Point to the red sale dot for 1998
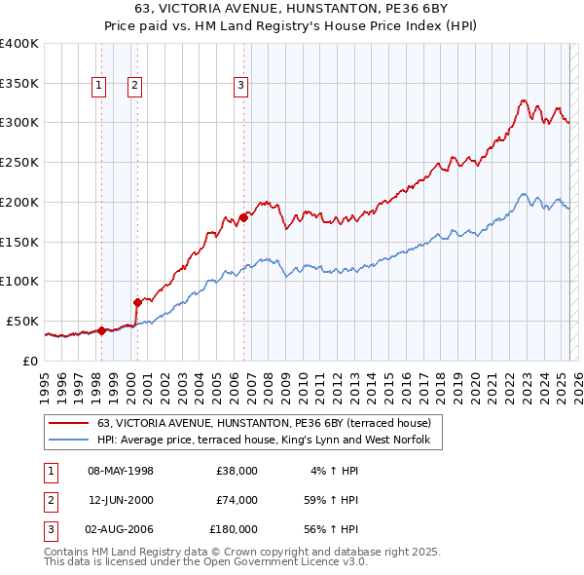pos(101,330)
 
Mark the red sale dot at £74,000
pos(137,302)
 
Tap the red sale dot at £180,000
pos(243,217)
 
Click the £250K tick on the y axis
pos(19,162)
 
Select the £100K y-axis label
pos(19,281)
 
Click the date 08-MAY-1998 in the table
pos(121,471)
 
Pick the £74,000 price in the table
pos(237,500)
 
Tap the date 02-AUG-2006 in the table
pos(121,529)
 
